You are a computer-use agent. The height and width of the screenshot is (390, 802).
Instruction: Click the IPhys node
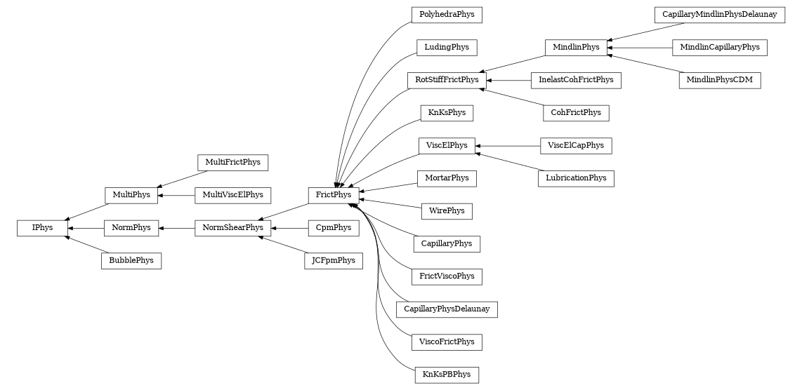point(42,228)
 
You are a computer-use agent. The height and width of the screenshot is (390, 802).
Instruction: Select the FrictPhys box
point(334,194)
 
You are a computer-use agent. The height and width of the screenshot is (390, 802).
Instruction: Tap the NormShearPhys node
point(233,228)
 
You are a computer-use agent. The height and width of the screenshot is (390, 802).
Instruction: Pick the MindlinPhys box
point(576,48)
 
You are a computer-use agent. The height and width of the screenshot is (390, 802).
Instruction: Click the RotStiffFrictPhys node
point(447,80)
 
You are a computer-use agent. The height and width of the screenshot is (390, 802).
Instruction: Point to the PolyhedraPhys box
point(447,14)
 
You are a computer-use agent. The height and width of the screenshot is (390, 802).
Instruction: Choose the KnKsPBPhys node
point(447,375)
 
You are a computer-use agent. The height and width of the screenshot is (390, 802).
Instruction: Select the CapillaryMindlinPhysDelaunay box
point(719,14)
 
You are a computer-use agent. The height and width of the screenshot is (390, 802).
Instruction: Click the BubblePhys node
point(131,261)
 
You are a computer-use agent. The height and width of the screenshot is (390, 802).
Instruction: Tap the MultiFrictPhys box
point(233,162)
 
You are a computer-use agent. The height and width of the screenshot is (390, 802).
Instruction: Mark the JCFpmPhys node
point(334,261)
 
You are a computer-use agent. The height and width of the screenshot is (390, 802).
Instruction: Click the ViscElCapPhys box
point(576,146)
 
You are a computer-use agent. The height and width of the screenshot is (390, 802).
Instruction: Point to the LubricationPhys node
point(576,178)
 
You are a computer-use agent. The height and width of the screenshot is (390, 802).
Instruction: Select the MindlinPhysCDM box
point(719,80)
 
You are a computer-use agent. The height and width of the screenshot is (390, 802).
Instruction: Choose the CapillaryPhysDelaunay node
point(447,309)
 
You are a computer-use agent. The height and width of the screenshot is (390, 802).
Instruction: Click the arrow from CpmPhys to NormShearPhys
point(290,228)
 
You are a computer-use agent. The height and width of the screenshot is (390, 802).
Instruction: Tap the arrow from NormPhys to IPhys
point(86,228)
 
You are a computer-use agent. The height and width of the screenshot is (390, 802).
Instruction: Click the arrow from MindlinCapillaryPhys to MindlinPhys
point(639,48)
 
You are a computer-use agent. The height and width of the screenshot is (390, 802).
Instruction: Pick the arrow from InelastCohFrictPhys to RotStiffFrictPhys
point(508,80)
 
